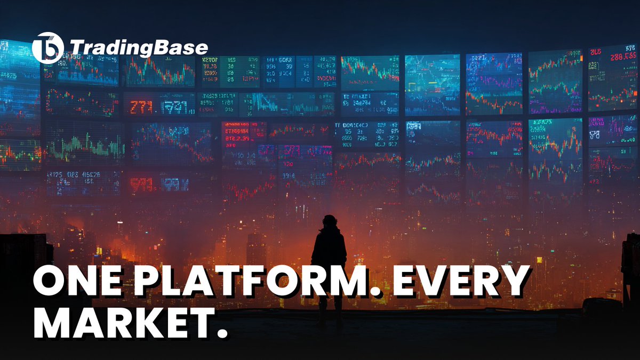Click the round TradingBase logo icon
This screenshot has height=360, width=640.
tap(47, 48)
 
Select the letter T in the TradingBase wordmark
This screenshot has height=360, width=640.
tap(76, 48)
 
